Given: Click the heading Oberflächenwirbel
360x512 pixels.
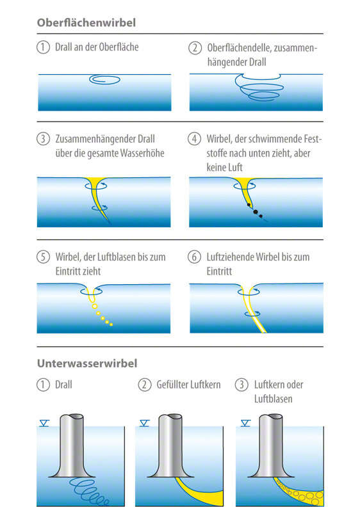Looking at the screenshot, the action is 86,22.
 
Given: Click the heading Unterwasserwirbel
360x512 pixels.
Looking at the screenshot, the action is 87,364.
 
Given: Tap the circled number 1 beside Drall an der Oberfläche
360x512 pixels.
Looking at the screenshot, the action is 43,47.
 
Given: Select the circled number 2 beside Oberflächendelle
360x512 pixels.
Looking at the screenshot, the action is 195,48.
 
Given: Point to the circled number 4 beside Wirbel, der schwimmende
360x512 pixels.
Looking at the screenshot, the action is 194,139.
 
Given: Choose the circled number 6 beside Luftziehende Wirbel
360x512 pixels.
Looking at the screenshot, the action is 194,257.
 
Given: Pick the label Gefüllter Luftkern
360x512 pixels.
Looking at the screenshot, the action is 188,385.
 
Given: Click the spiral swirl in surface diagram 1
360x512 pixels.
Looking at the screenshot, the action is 105,79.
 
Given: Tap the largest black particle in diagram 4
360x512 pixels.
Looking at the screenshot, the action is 256,212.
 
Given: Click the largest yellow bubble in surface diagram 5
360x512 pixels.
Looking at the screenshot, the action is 95,307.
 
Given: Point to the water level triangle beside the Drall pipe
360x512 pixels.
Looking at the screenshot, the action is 44,424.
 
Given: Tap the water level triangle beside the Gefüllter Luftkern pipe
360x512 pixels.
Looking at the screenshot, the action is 144,424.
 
